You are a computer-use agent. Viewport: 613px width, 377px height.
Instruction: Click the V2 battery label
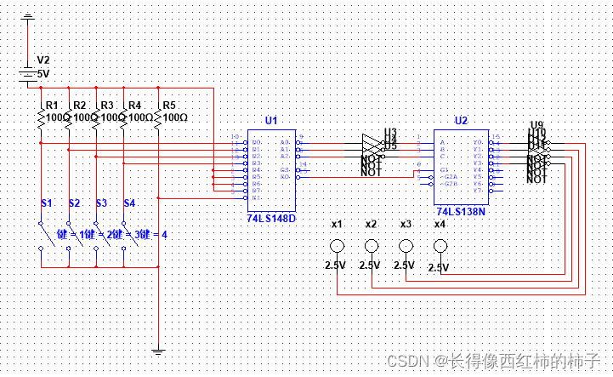(43, 60)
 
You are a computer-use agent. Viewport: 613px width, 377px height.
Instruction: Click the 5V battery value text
(43, 74)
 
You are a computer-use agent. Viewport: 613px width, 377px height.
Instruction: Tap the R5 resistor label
(168, 105)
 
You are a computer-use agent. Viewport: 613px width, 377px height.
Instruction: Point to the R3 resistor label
(107, 105)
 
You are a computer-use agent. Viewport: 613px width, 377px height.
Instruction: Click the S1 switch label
(47, 203)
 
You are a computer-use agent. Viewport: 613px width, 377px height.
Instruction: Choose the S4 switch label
(128, 203)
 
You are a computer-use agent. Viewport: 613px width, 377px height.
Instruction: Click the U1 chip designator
(270, 121)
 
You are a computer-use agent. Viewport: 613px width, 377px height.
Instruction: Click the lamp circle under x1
(337, 247)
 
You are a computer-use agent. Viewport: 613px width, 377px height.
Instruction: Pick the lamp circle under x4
(440, 247)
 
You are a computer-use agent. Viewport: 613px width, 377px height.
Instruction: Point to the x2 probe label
(371, 224)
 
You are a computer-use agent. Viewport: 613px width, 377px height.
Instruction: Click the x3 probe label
(406, 224)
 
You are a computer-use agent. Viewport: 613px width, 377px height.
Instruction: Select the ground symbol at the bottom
(157, 349)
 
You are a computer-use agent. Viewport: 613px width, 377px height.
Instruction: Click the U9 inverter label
(536, 125)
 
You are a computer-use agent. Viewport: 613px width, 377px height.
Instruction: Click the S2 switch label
(74, 203)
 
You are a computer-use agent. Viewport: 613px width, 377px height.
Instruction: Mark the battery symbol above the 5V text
(29, 75)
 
